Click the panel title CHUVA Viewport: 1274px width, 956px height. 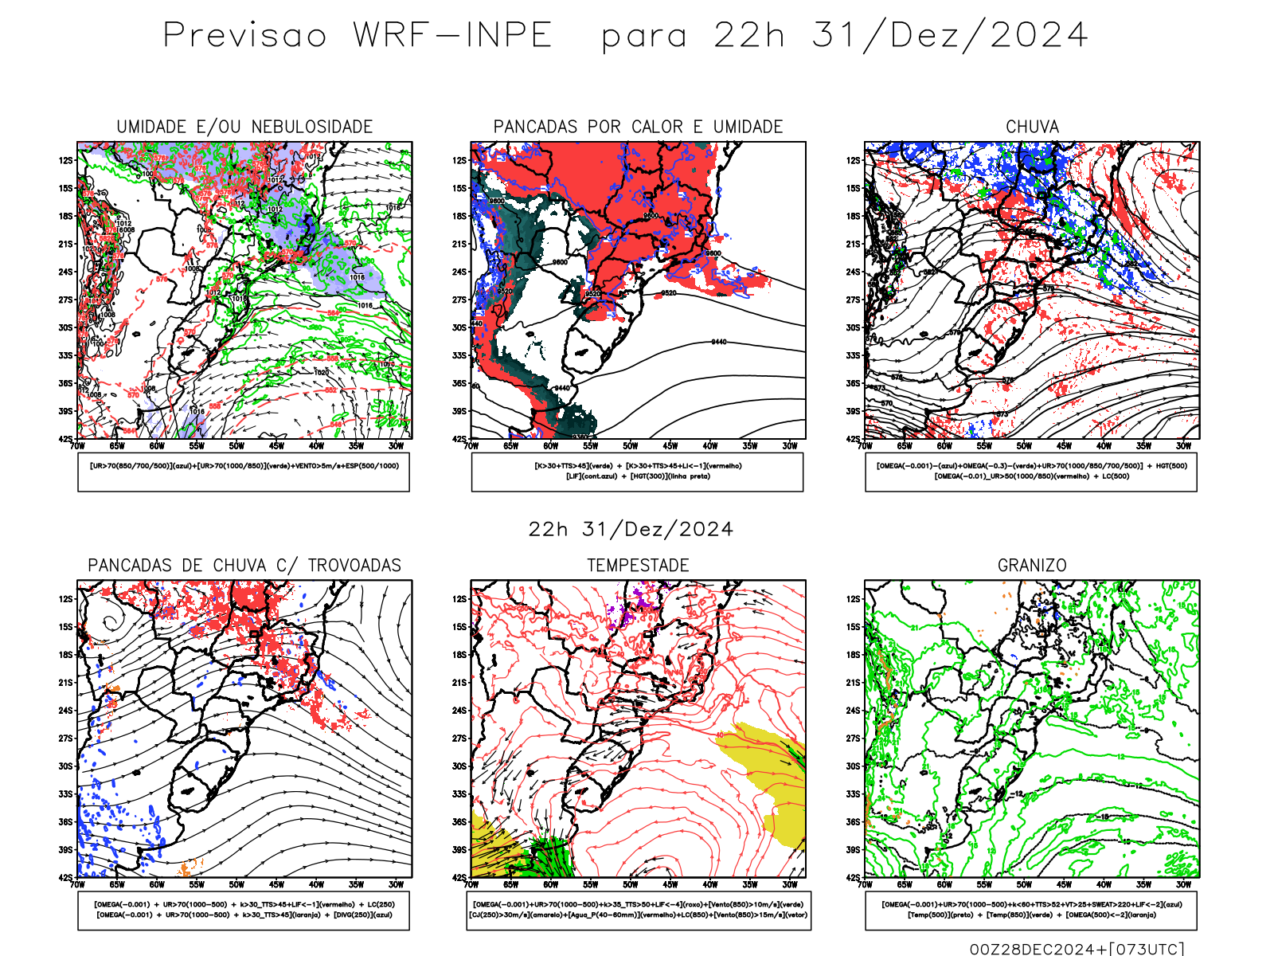[x=1032, y=127]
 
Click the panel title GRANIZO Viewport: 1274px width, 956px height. [x=1032, y=566]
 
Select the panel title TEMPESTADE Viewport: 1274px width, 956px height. [x=638, y=566]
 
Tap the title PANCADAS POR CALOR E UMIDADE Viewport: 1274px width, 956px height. [x=638, y=127]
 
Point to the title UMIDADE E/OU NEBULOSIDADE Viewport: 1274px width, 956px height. [x=244, y=127]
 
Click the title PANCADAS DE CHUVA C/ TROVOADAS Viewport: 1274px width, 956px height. [x=244, y=566]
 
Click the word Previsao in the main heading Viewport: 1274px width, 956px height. [x=245, y=36]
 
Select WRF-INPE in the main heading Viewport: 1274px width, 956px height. [x=452, y=36]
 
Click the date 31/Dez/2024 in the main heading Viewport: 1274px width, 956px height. [x=949, y=36]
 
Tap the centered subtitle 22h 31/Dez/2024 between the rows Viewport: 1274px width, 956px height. [x=631, y=530]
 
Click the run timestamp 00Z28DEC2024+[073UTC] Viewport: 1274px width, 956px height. [x=1077, y=948]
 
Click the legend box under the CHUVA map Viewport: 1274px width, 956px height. [x=1031, y=472]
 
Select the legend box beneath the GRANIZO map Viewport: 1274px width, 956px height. [x=1031, y=910]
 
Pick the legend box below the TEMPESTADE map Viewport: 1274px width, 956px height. [x=638, y=910]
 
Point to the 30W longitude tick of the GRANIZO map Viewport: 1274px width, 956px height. [x=1183, y=884]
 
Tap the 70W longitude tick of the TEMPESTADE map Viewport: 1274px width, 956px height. [x=471, y=884]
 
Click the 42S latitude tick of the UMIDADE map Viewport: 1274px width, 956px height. [x=66, y=439]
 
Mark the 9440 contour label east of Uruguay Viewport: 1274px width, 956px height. [x=718, y=342]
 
